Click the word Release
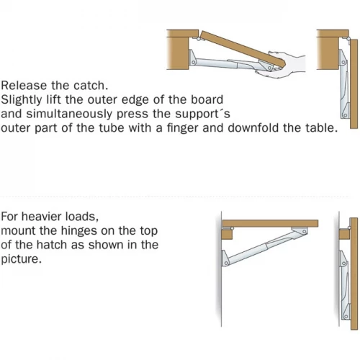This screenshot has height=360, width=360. tap(24, 86)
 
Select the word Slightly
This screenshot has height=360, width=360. tap(22, 100)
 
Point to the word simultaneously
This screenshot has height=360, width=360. tap(70, 114)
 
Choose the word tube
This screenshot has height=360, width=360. tap(112, 128)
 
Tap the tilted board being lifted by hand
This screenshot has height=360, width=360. tap(243, 49)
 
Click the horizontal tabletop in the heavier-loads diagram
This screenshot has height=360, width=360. tap(270, 223)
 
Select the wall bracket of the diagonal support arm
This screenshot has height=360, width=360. tap(225, 258)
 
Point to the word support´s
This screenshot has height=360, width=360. tap(202, 114)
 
